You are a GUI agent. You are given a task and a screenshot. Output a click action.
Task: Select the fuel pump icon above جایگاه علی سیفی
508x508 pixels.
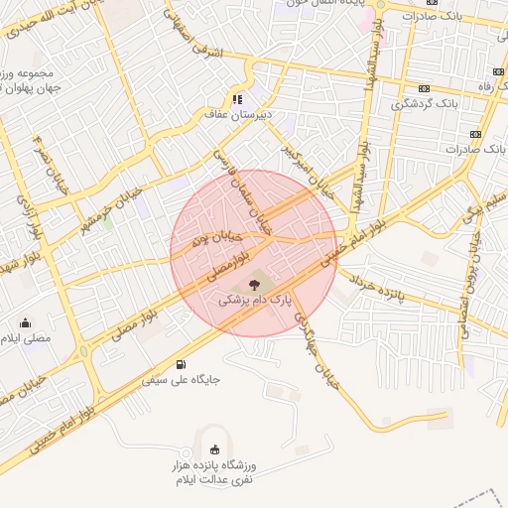(180, 364)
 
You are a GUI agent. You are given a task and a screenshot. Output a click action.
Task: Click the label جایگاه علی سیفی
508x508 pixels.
(180, 379)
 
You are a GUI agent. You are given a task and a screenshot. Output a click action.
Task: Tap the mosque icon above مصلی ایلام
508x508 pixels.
(26, 322)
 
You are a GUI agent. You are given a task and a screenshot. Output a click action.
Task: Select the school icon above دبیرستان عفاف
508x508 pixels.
(237, 98)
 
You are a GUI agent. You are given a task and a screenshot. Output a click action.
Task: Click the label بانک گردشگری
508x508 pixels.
(426, 102)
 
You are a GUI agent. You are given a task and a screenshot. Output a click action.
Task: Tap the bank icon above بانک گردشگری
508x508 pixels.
(426, 87)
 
